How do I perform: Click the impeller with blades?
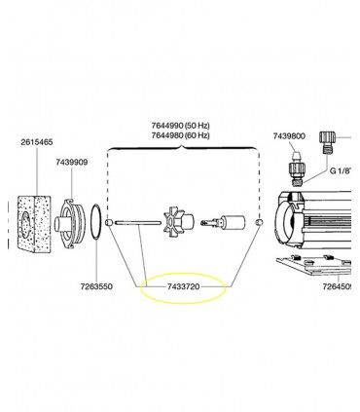[x=179, y=222]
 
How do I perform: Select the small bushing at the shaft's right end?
[x=259, y=224]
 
